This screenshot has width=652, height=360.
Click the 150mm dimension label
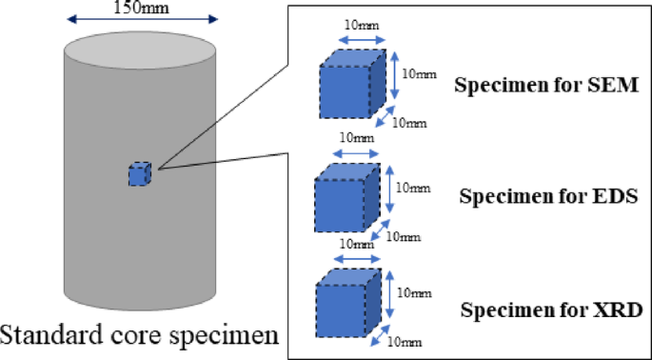point(142,8)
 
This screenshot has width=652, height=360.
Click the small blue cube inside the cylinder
point(139,174)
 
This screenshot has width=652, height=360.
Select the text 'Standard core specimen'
point(139,336)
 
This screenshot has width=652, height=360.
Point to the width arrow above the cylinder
point(142,19)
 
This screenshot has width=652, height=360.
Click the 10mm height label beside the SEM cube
point(413,72)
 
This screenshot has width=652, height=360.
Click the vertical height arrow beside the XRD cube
point(391,299)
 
